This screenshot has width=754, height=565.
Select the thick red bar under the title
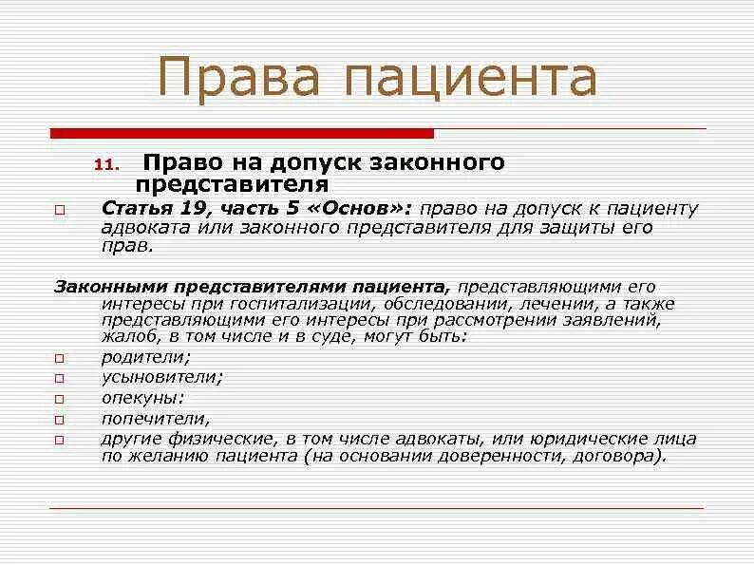[241, 133]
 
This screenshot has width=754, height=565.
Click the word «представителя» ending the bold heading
[233, 184]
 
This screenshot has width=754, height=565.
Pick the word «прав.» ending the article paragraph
[126, 246]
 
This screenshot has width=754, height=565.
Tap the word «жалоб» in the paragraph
[126, 337]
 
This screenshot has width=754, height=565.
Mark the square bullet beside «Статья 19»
[59, 209]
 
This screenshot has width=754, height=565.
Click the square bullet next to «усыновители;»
[59, 379]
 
